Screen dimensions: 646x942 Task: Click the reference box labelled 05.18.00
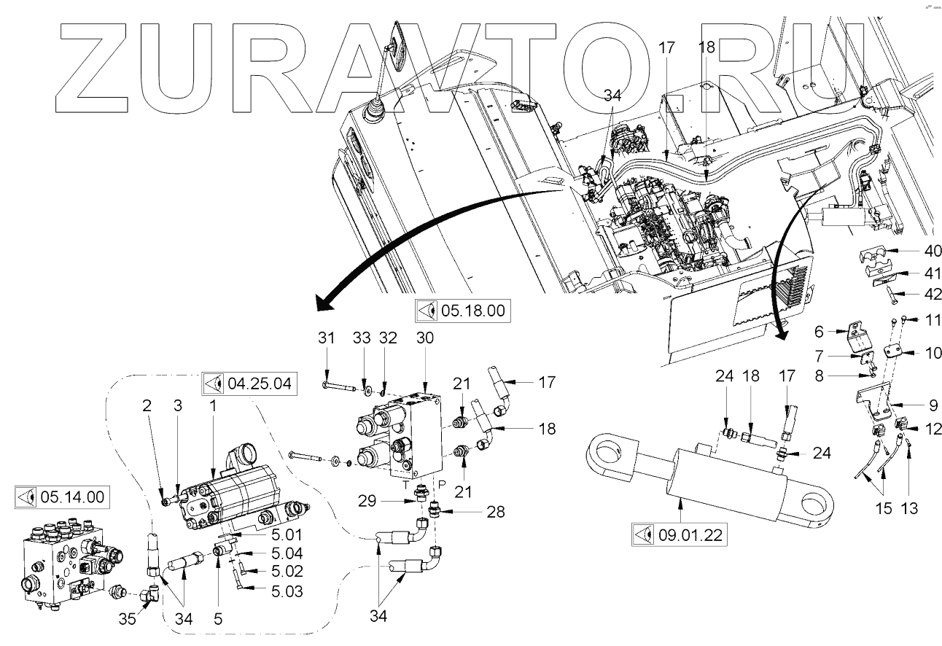[x=461, y=311]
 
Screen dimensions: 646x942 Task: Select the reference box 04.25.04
[x=249, y=382]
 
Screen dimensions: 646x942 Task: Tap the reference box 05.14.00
[x=62, y=498]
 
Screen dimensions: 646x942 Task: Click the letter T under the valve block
[x=405, y=483]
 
